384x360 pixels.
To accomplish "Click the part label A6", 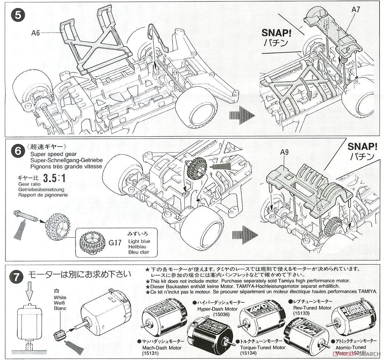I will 36,33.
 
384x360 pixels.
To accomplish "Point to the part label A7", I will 356,10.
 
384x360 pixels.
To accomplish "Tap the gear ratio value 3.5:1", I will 54,178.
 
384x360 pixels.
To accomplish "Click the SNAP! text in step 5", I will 275,33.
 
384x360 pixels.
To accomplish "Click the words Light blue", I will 139,241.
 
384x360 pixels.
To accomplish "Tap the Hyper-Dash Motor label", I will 217,309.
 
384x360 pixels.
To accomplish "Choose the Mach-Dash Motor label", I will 161,348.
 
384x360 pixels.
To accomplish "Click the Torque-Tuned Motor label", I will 260,347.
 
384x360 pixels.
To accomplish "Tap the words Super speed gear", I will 49,154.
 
